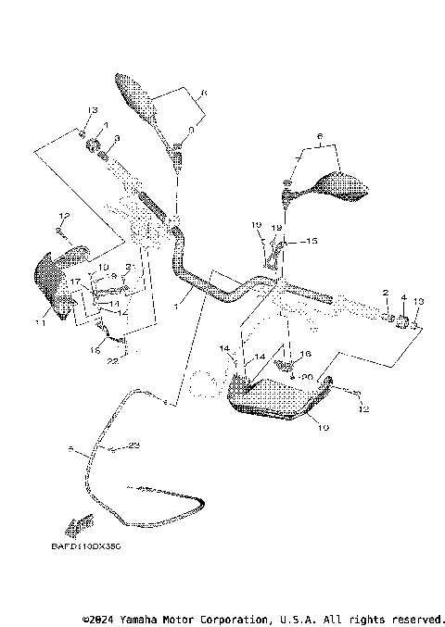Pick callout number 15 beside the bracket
coord(310,241)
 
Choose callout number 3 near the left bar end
coord(117,138)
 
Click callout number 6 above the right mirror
coord(320,136)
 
